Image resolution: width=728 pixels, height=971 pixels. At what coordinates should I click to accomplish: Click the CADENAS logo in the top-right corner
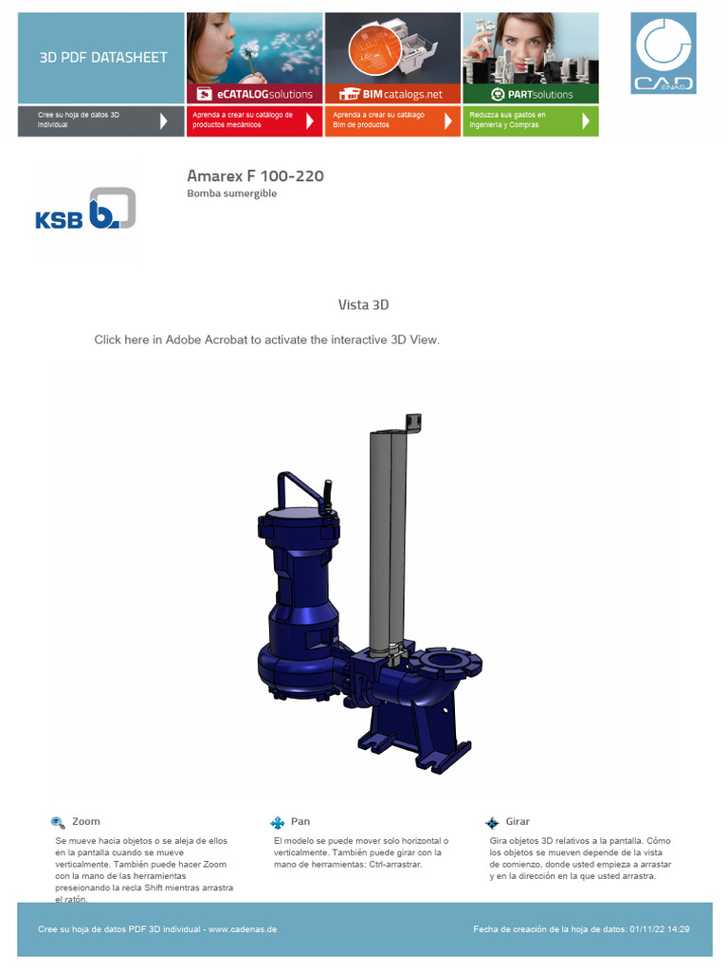coord(664,52)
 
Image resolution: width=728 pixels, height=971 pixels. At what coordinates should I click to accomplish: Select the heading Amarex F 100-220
coord(255,176)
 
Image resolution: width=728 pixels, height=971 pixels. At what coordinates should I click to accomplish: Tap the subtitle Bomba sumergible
coord(231,193)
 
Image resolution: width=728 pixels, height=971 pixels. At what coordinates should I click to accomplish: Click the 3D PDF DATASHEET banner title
coord(102,57)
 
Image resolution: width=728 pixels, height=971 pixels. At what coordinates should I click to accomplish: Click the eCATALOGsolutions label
coord(254,95)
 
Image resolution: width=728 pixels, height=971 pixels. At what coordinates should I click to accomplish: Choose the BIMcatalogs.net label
coord(391,95)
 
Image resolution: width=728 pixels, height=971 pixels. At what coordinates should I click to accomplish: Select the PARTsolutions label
coord(532,95)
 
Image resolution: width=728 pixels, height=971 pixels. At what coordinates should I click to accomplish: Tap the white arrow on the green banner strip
coord(586,120)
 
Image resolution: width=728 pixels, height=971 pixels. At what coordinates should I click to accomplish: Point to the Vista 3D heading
coord(363,304)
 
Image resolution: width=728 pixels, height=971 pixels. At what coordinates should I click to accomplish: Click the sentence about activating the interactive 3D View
coord(266,339)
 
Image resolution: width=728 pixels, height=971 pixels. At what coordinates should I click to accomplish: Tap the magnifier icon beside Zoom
coord(59,822)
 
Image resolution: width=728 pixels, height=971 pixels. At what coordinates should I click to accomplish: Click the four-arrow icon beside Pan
coord(278,822)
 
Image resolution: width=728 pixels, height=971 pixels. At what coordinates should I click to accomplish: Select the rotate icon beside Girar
coord(492,822)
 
